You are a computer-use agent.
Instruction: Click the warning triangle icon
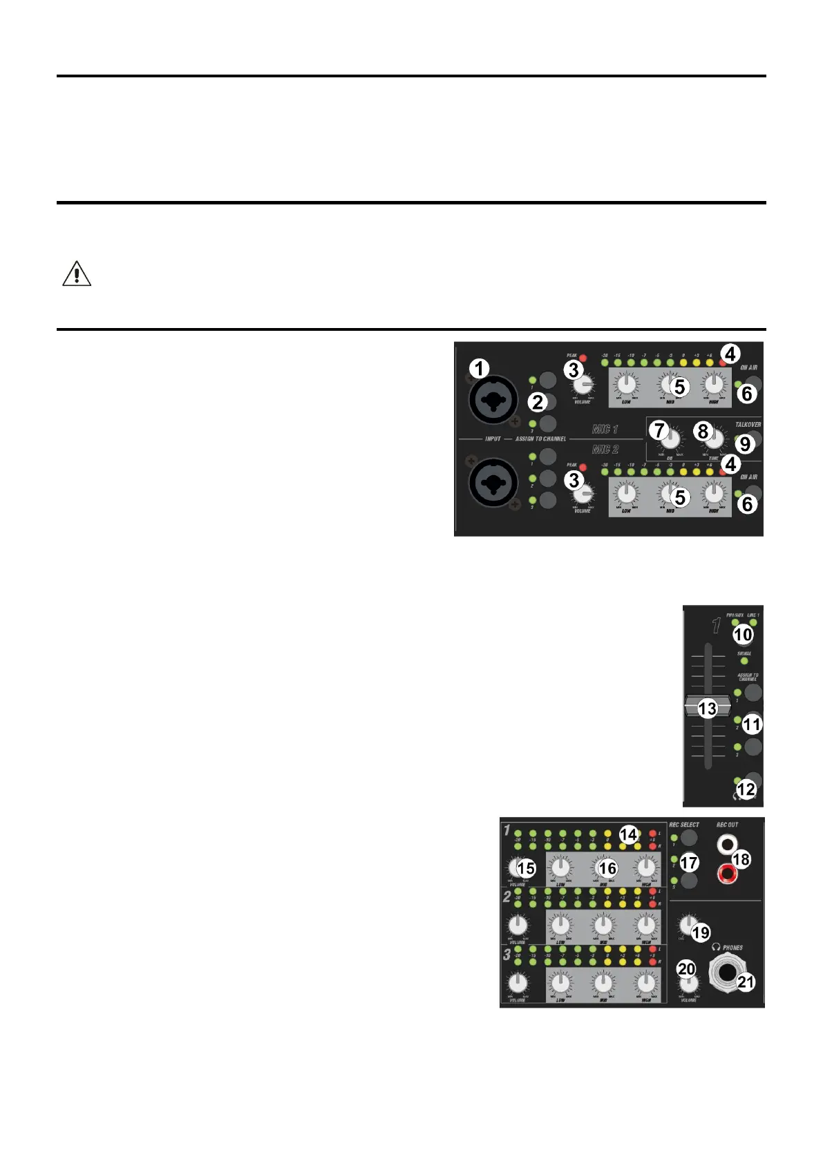pos(77,274)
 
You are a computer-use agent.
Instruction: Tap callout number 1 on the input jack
pos(480,369)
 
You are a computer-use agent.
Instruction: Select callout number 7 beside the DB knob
pos(660,430)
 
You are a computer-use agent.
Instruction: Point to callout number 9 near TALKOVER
pos(745,444)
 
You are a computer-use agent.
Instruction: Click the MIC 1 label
pos(605,430)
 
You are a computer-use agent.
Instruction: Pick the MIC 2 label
pos(605,450)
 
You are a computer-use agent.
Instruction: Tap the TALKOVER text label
pos(748,425)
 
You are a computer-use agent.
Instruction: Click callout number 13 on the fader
pos(707,709)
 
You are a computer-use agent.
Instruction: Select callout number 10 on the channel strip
pos(743,634)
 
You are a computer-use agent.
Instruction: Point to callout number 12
pos(746,789)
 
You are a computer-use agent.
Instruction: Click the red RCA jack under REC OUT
pos(727,875)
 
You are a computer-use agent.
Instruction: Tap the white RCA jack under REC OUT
pos(727,844)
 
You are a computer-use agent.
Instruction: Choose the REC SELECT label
pos(684,825)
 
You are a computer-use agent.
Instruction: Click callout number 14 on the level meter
pos(628,834)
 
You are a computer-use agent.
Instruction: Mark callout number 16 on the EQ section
pos(607,868)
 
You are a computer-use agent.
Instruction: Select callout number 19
pos(701,932)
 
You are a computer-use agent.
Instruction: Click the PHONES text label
pos(732,948)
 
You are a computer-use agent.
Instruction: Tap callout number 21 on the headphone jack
pos(746,981)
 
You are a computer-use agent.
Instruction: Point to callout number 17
pos(689,863)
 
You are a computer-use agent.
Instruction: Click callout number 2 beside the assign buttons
pos(538,402)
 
